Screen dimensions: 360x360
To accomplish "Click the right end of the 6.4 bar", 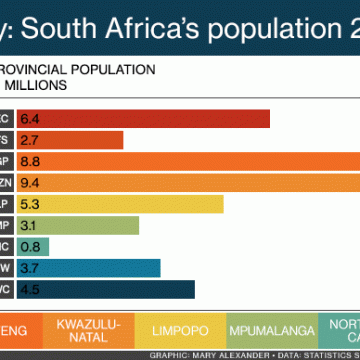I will pyautogui.click(x=268, y=120).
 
